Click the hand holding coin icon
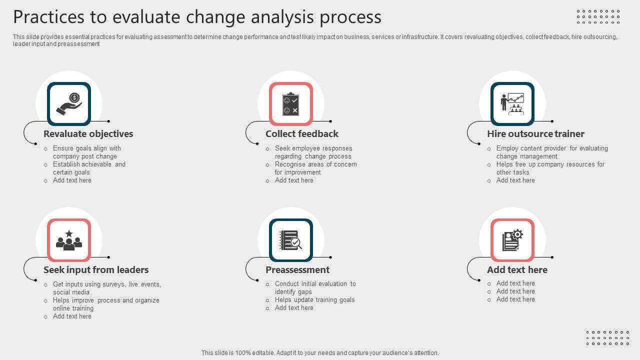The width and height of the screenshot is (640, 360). (x=69, y=104)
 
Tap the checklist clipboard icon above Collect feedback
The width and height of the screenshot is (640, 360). (x=290, y=104)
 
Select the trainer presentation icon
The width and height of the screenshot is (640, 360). (x=512, y=104)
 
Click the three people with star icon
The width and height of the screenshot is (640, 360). (x=69, y=240)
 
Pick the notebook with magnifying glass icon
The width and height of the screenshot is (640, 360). (x=290, y=240)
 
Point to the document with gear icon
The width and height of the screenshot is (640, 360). (x=512, y=240)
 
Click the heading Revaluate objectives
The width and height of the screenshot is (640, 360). (x=88, y=133)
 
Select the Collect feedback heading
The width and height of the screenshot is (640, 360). (x=301, y=133)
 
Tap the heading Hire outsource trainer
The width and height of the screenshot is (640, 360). (x=535, y=133)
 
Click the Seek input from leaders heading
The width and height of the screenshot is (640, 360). (x=96, y=269)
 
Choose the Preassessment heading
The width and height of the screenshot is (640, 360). (x=297, y=269)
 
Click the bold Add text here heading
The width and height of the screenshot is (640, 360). (x=517, y=269)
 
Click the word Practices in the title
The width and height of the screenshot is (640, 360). (x=49, y=16)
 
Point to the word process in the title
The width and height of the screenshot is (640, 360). (x=350, y=17)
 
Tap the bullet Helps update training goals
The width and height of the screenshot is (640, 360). (x=314, y=299)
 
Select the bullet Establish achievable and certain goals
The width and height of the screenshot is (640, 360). (x=89, y=168)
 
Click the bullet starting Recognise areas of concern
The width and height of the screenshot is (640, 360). (x=315, y=168)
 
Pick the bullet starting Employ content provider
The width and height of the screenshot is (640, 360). (x=552, y=152)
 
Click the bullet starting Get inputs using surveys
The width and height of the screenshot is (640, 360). (x=107, y=288)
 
